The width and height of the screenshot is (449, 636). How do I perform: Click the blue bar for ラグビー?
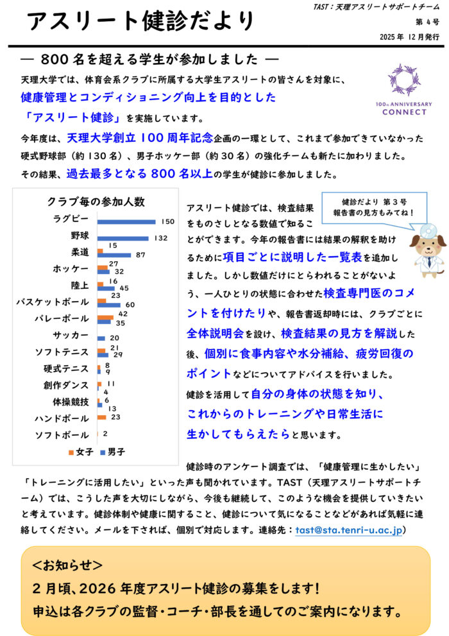tap(126, 221)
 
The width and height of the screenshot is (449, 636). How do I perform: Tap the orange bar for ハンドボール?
tap(101, 417)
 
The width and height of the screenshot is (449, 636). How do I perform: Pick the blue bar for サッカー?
tap(101, 338)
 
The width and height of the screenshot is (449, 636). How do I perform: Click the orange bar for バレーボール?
tap(105, 317)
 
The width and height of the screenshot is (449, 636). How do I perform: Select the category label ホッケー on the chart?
tap(72, 268)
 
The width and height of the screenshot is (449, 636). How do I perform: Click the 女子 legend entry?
tap(80, 452)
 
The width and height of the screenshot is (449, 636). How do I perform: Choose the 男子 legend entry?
tap(112, 452)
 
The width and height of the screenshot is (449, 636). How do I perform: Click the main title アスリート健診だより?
tap(142, 22)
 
